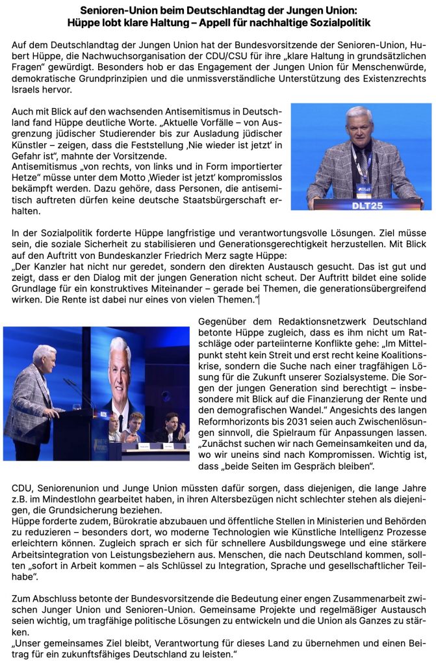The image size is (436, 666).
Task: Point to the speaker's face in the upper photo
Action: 359,124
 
